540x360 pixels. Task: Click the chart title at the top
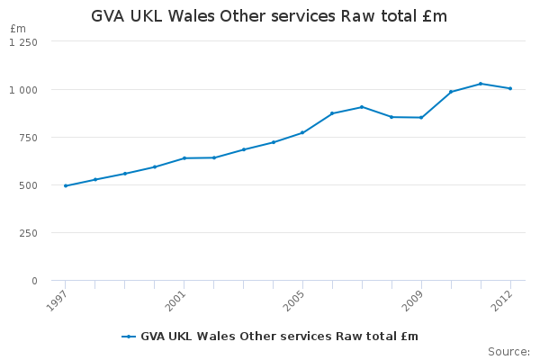(x=269, y=16)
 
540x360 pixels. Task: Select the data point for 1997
(x=66, y=185)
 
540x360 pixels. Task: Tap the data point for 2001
(x=184, y=158)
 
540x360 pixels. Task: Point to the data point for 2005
(x=302, y=132)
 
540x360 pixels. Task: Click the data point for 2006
(x=332, y=113)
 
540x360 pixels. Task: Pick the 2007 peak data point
(x=362, y=107)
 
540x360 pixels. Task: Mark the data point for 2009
(x=421, y=117)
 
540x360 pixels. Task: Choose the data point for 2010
(x=451, y=92)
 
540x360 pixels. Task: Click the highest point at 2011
(x=481, y=84)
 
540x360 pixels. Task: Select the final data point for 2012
(x=510, y=88)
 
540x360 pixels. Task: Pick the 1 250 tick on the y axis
(x=25, y=42)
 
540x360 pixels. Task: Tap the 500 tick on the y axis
(x=31, y=185)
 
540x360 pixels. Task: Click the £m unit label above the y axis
(x=18, y=30)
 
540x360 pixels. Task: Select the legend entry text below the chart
(x=279, y=336)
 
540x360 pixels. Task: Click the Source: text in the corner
(x=508, y=351)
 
